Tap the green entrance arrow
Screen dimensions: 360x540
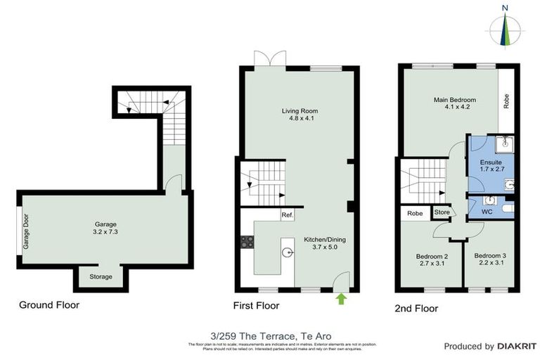(x=342, y=299)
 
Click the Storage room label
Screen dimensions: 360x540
(x=101, y=277)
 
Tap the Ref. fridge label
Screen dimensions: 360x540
(x=287, y=215)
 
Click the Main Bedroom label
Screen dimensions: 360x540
(x=454, y=100)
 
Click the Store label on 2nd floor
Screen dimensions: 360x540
(x=442, y=212)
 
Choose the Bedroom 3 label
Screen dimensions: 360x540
(x=489, y=256)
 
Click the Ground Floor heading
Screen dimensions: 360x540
(x=49, y=305)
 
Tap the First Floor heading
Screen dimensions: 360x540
(x=256, y=306)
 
